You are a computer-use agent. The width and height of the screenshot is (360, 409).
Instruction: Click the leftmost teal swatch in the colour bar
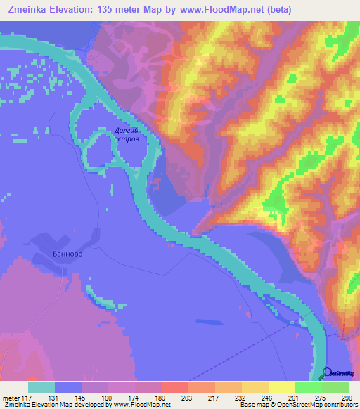coord(41,387)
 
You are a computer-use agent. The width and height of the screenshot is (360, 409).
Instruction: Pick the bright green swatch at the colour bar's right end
coord(335,387)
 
